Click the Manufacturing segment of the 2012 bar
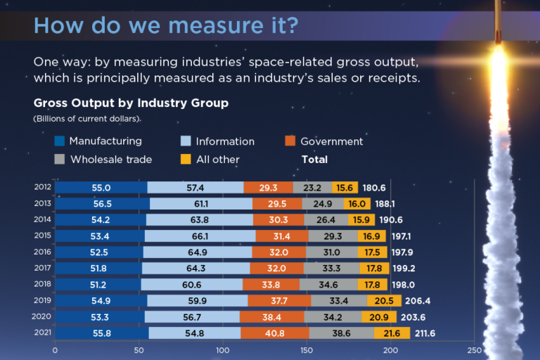click(101, 188)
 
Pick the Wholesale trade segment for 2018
click(328, 285)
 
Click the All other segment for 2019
click(384, 301)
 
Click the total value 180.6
click(373, 188)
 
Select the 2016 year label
click(41, 252)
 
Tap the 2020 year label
click(41, 316)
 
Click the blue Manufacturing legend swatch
click(60, 141)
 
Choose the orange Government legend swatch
click(290, 141)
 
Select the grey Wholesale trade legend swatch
click(60, 160)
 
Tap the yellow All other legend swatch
click(186, 160)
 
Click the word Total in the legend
click(314, 160)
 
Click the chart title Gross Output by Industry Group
click(131, 103)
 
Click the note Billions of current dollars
click(87, 118)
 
